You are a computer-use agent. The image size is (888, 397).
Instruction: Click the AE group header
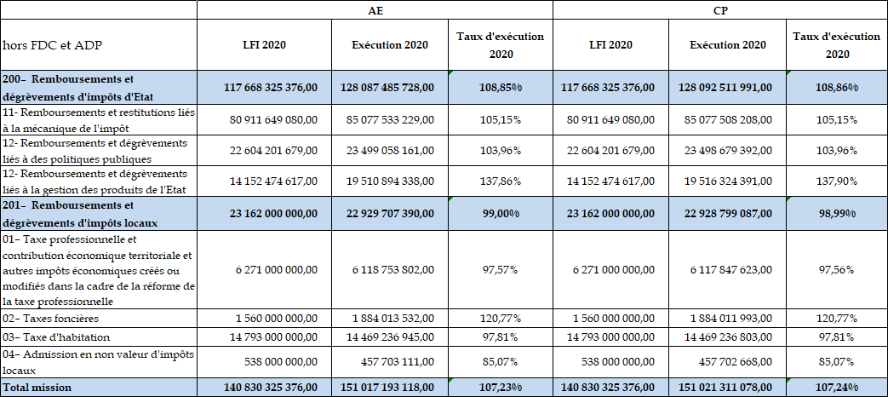tap(375, 10)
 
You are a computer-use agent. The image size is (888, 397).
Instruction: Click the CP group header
tap(719, 10)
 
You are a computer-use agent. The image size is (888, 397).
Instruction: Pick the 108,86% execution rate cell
tap(835, 87)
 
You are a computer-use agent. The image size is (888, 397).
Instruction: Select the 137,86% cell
tap(500, 181)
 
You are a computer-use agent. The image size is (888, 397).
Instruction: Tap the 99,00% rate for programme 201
tap(500, 213)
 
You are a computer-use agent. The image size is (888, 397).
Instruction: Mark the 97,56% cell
tap(835, 269)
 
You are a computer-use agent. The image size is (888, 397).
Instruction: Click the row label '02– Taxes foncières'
tap(51, 319)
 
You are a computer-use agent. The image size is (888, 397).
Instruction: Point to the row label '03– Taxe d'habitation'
tap(55, 337)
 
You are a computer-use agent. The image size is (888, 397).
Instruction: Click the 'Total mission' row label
tap(37, 388)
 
